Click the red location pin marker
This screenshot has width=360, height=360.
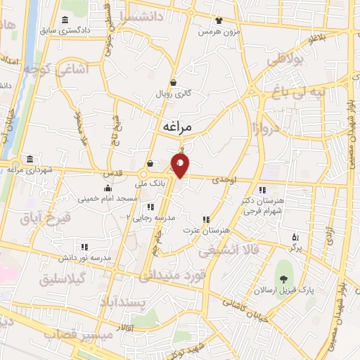(181, 165)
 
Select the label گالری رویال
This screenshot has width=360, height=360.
(173, 93)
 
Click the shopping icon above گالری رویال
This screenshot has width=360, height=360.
(173, 82)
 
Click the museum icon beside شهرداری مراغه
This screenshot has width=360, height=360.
(29, 159)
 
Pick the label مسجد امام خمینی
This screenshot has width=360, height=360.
(108, 200)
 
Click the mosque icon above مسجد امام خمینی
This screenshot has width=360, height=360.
(107, 188)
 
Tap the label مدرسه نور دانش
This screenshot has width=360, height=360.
(85, 258)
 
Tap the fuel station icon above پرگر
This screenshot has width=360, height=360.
(295, 237)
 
